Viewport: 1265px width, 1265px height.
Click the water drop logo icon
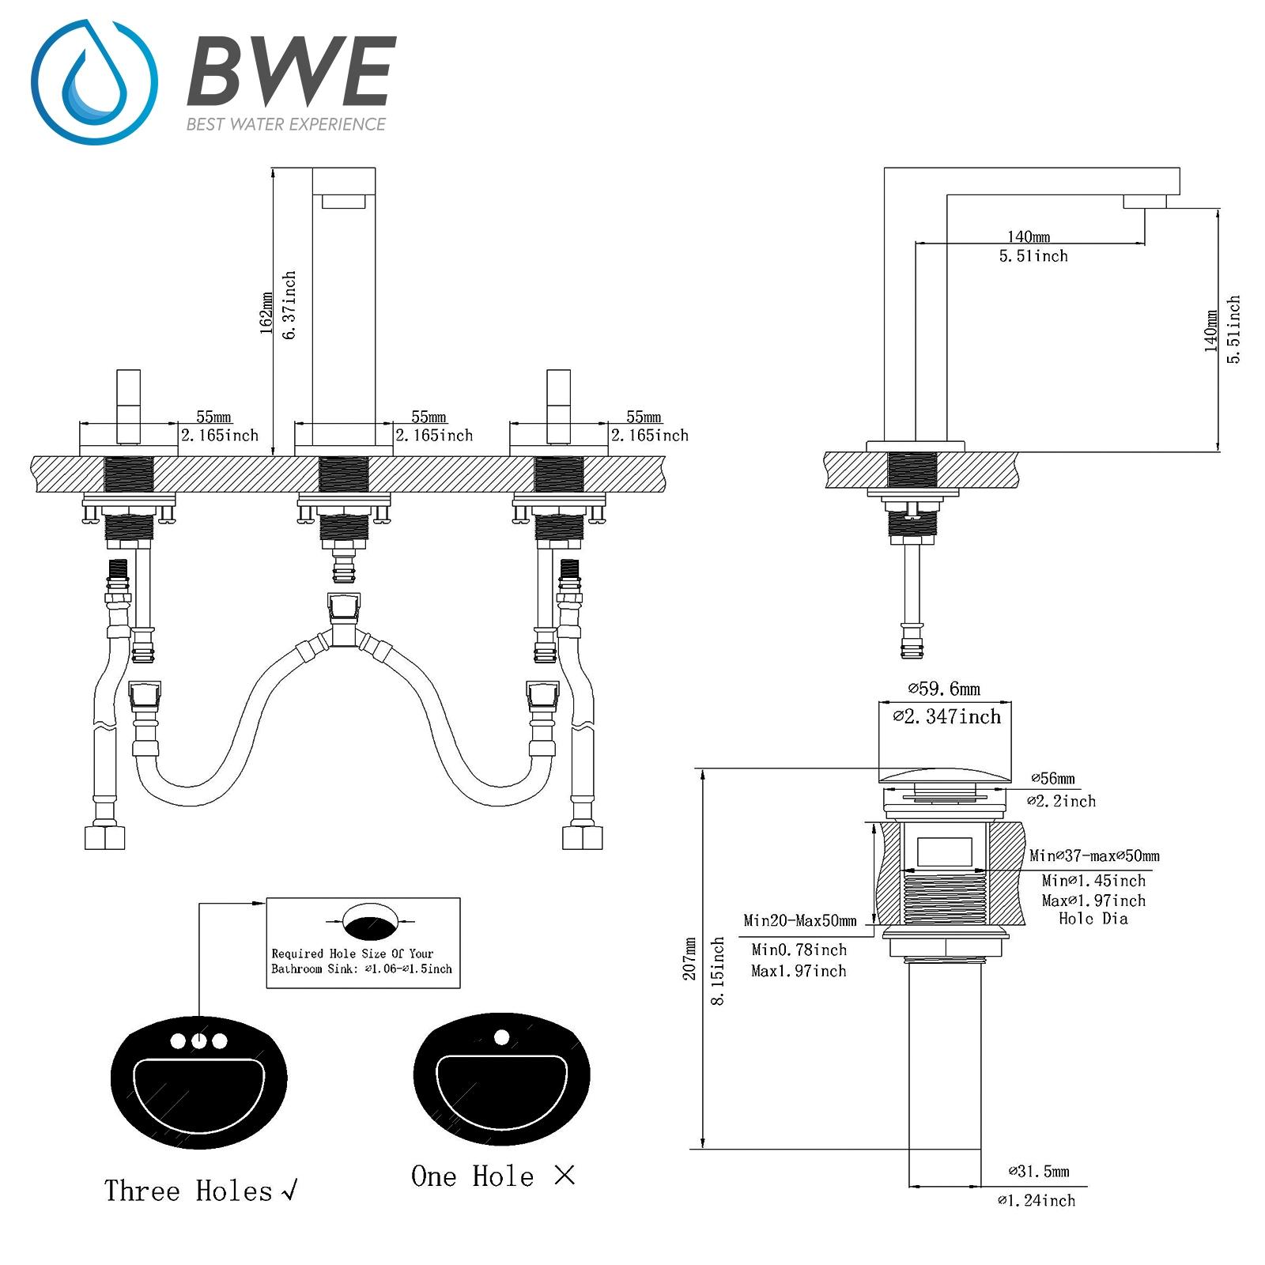click(x=94, y=83)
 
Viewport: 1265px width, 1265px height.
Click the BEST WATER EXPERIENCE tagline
click(x=285, y=124)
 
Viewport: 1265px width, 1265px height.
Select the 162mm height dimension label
click(x=266, y=312)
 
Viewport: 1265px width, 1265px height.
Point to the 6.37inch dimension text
click(x=289, y=305)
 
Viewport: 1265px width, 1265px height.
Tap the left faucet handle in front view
click(x=128, y=406)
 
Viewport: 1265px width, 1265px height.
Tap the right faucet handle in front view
click(x=558, y=406)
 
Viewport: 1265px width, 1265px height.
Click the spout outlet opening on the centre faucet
click(x=344, y=202)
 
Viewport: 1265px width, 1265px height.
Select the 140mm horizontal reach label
click(x=1029, y=236)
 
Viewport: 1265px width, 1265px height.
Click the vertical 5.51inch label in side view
click(x=1233, y=329)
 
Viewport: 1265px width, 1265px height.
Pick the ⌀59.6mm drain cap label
click(x=944, y=689)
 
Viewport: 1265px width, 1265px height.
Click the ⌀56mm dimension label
click(x=1053, y=779)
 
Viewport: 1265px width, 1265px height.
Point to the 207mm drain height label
click(x=690, y=959)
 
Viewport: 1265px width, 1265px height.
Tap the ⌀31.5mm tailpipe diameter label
click(x=1038, y=1171)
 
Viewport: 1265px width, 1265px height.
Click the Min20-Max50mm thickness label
click(x=800, y=920)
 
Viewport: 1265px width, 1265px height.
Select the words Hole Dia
click(x=1093, y=919)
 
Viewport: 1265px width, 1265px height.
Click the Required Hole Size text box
click(x=363, y=942)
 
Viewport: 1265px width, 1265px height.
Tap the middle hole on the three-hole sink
click(x=198, y=1041)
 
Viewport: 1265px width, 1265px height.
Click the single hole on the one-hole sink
click(x=501, y=1037)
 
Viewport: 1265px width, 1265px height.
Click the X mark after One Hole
click(x=564, y=1176)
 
